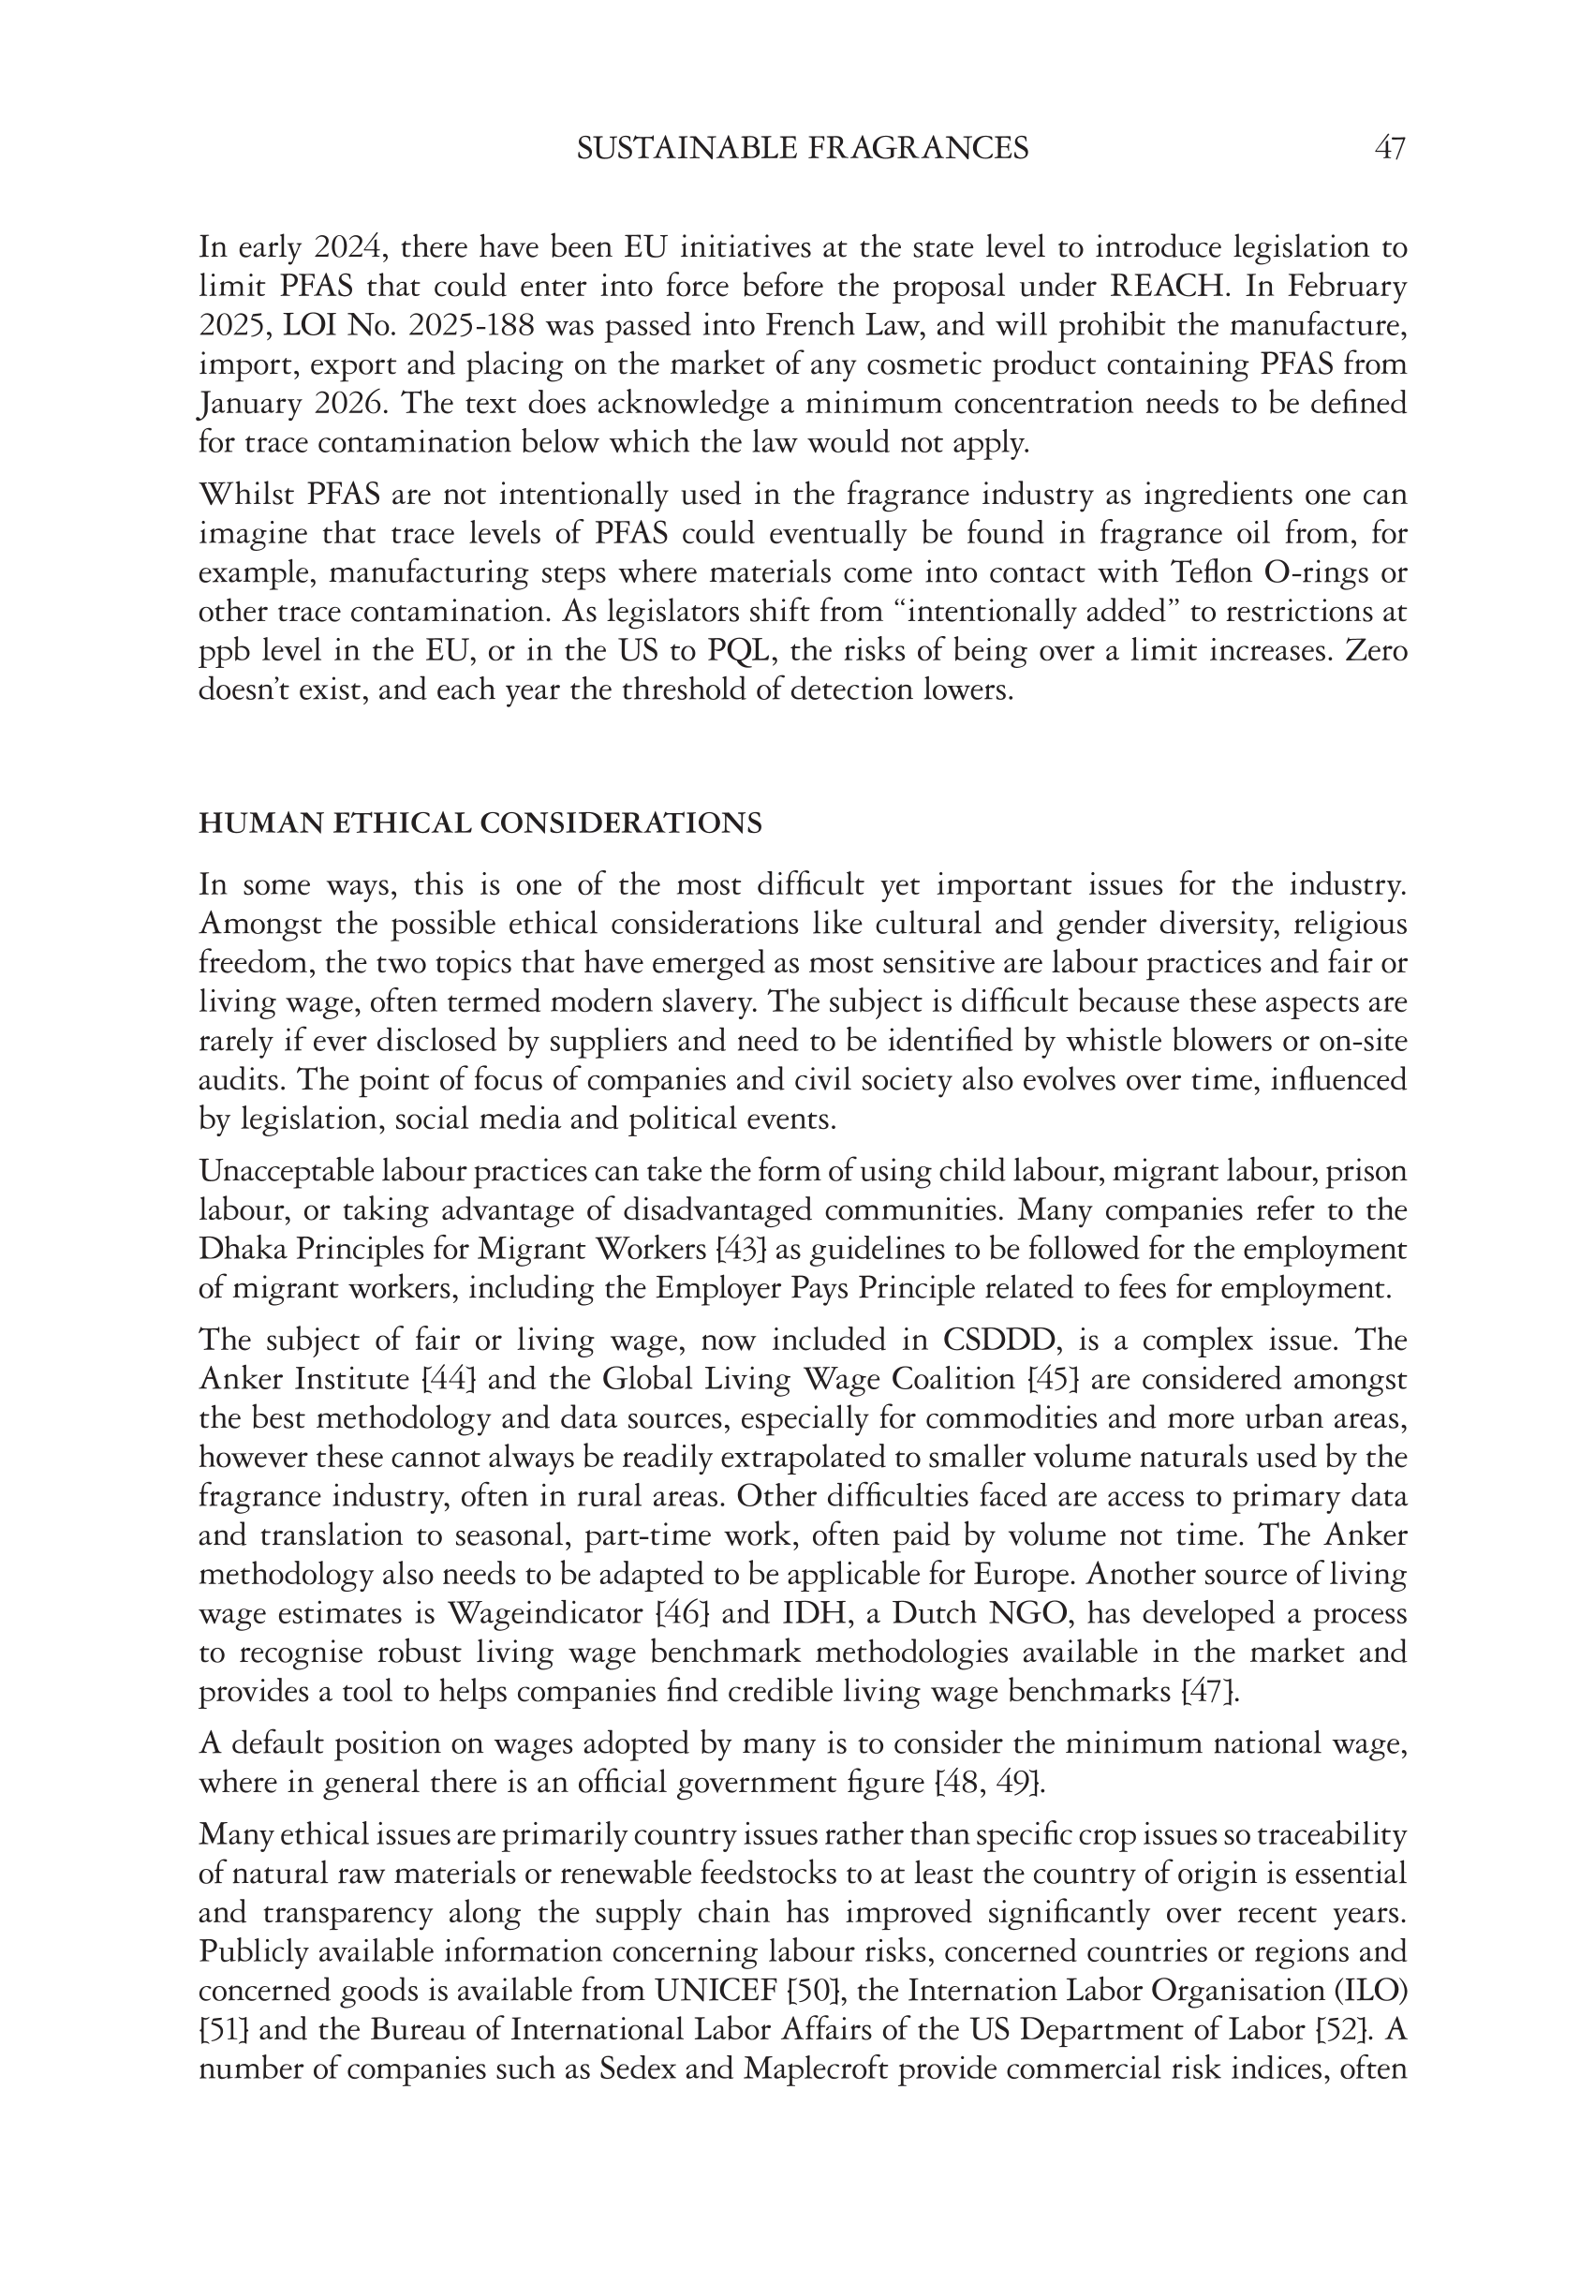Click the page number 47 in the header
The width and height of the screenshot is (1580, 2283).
(x=1389, y=149)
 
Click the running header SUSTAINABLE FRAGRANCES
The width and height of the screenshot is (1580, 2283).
(x=802, y=149)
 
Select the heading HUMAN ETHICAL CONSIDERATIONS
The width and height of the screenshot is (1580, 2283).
(x=480, y=823)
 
